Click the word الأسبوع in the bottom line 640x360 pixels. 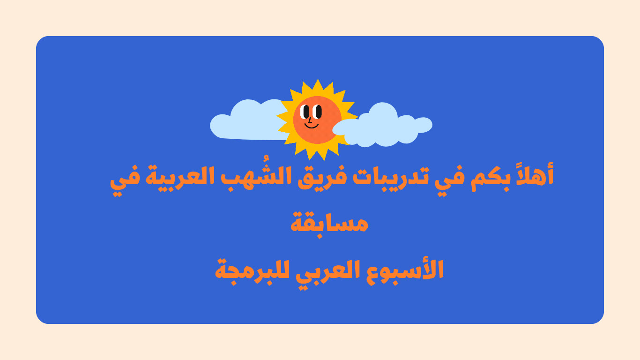(x=405, y=270)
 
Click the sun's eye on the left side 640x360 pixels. (x=306, y=112)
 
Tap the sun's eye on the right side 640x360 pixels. (x=318, y=112)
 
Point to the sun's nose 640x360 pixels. (x=310, y=120)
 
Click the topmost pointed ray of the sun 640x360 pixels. (x=318, y=83)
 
